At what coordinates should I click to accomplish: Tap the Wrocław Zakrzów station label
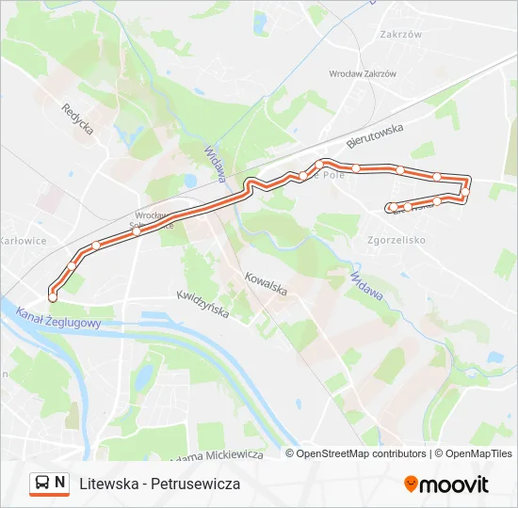tap(362, 73)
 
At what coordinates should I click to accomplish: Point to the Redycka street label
tap(78, 118)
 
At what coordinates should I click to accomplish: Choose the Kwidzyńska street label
tap(202, 303)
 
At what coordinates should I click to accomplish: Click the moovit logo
tap(446, 484)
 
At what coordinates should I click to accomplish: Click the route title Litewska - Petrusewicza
tap(160, 484)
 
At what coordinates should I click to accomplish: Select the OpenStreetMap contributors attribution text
tap(362, 453)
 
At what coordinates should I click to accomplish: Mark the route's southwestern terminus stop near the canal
tap(53, 296)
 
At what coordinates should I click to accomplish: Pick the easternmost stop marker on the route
tap(466, 192)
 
